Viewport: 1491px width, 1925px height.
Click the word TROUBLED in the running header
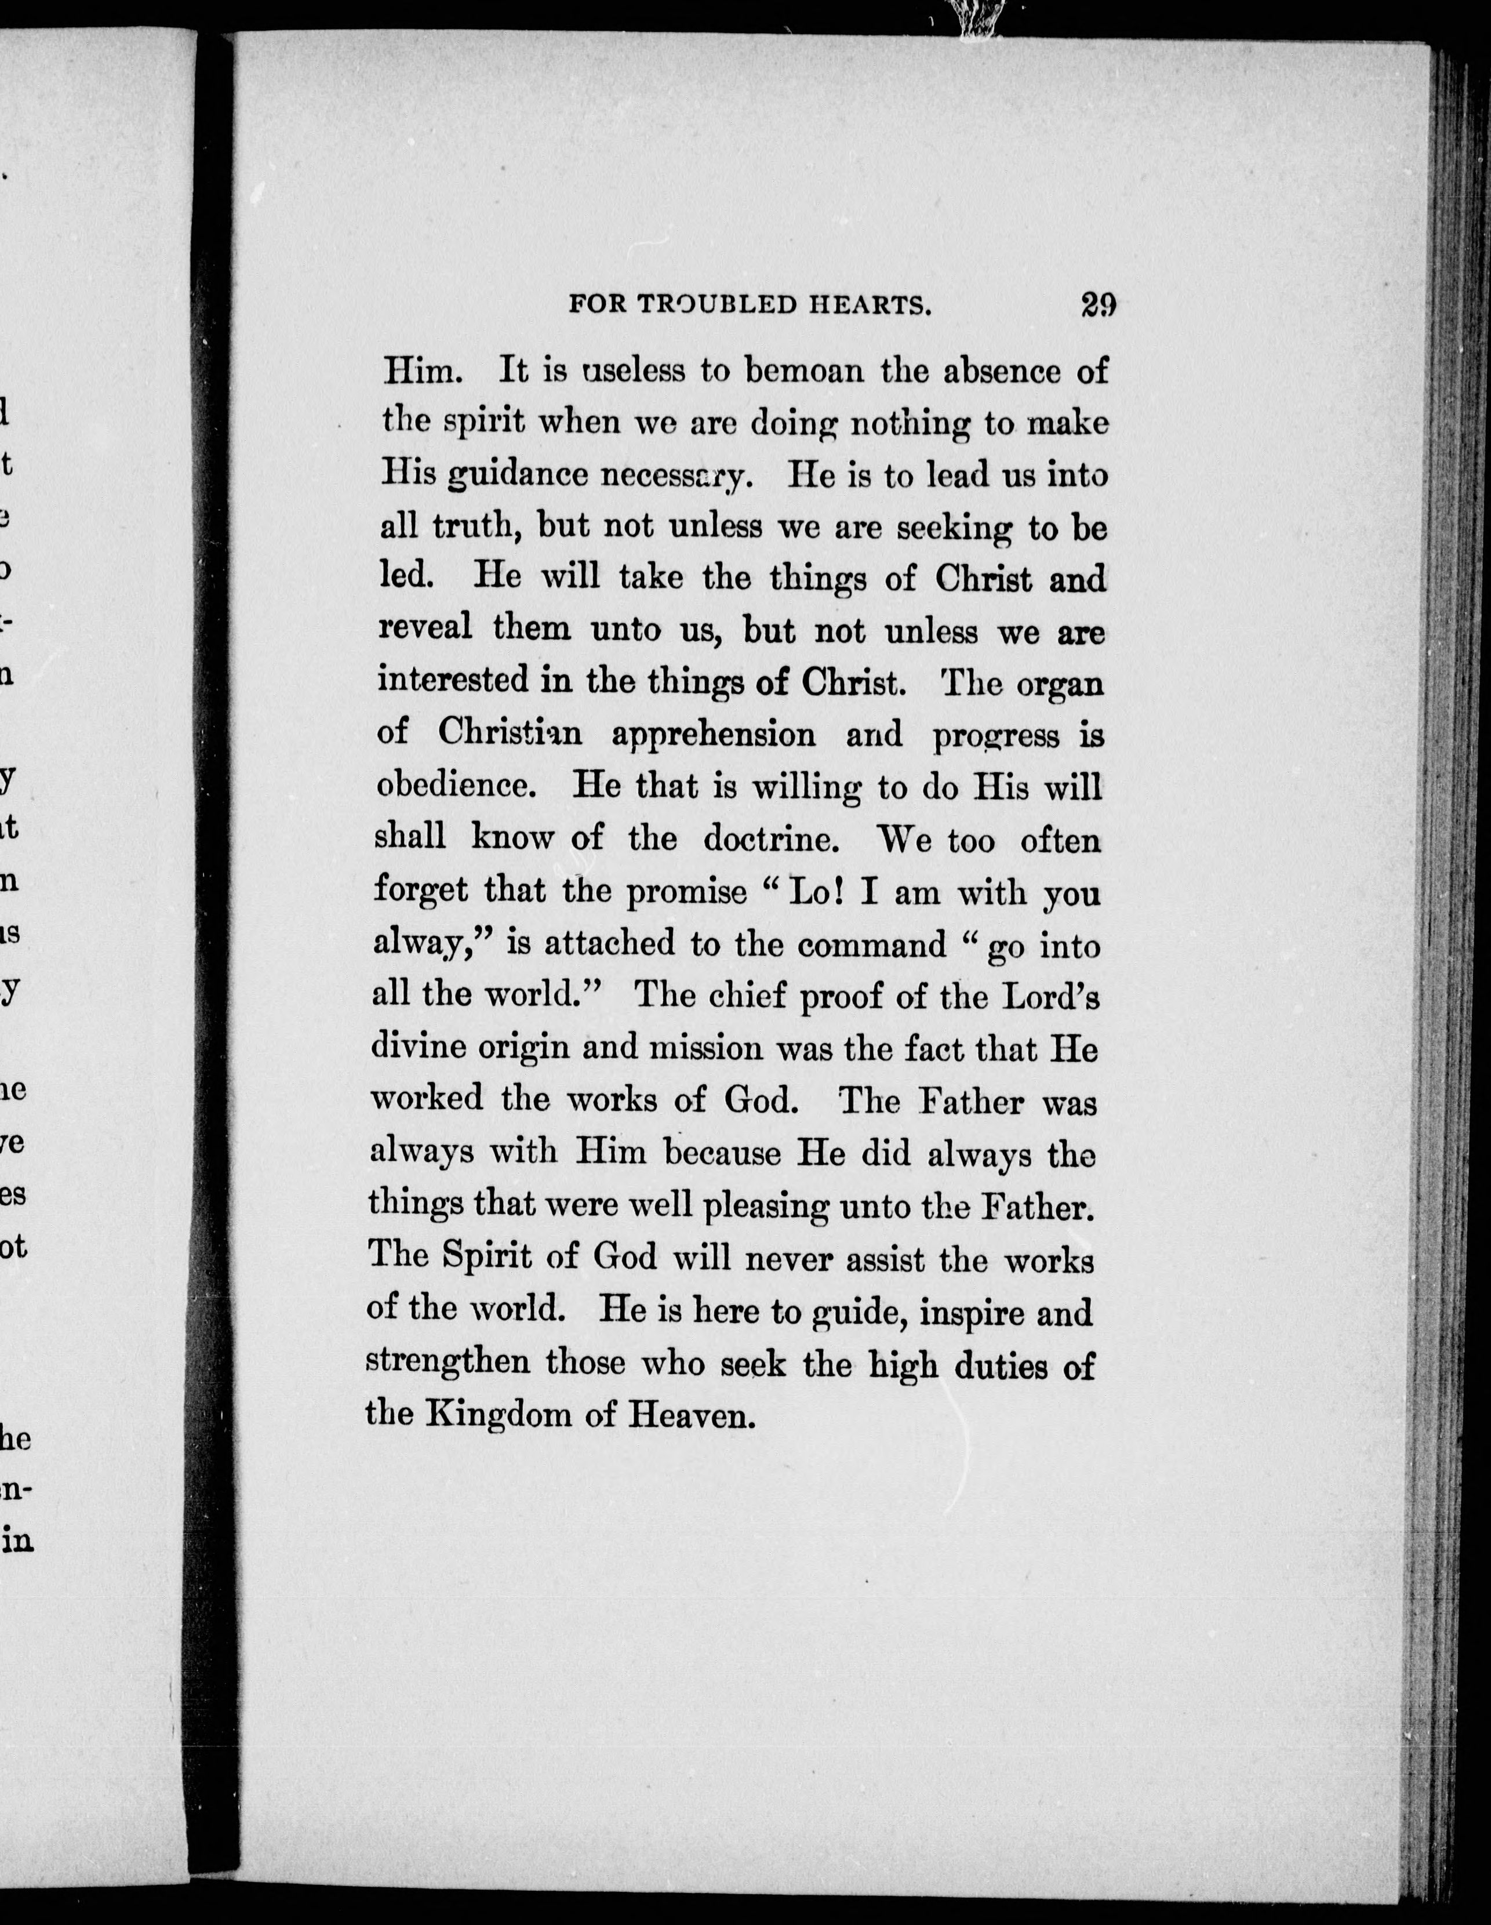click(x=704, y=305)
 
